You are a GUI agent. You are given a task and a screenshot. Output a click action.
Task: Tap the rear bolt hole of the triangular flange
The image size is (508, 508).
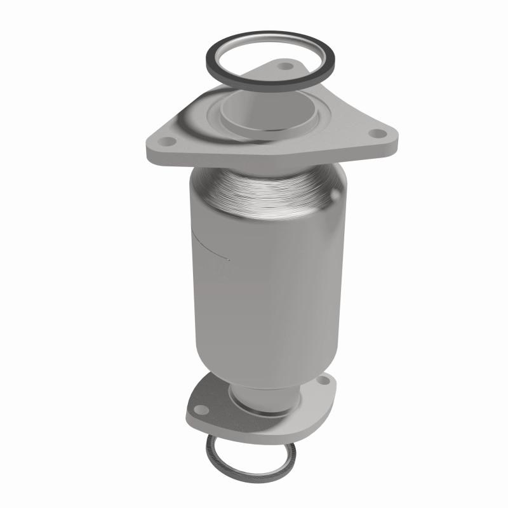point(283,65)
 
